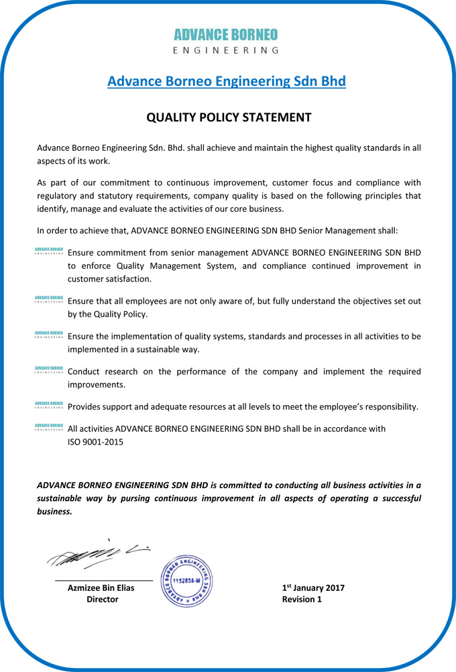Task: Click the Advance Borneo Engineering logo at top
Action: (226, 40)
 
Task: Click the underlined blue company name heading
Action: (227, 82)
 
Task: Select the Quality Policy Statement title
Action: (229, 117)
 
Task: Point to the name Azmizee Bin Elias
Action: (101, 588)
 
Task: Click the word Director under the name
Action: (102, 600)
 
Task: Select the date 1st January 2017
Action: (313, 588)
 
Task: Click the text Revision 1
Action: (302, 600)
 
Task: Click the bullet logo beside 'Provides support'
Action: (49, 405)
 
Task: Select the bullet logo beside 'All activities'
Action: (49, 427)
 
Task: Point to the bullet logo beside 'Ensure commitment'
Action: (49, 252)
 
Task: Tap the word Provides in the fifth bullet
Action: (87, 407)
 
